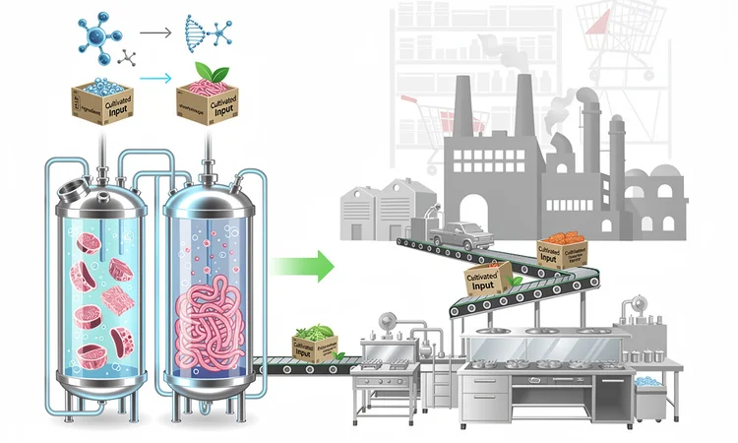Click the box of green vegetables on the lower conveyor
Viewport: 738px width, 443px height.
click(316, 343)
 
